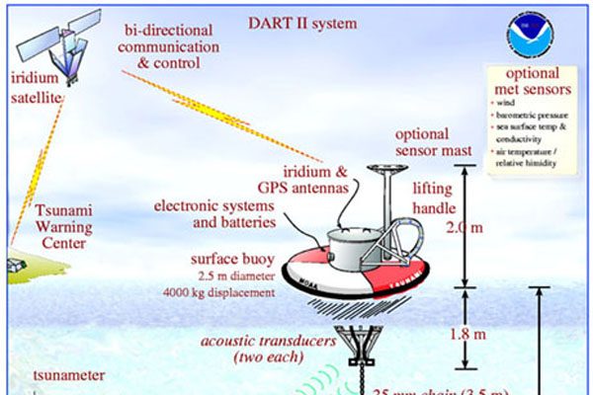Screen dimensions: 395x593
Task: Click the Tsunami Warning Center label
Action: pos(66,226)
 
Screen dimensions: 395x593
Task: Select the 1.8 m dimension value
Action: pos(489,333)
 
